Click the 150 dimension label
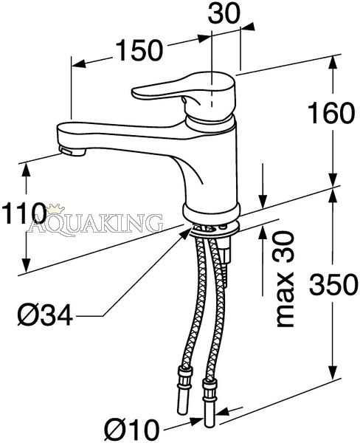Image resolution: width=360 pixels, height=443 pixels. click(x=139, y=50)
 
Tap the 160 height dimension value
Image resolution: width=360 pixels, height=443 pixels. click(x=330, y=113)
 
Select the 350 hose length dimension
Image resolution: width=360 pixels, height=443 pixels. click(x=333, y=284)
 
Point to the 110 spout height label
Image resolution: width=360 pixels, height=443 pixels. click(x=24, y=213)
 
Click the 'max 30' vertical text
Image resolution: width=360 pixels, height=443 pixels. click(x=285, y=279)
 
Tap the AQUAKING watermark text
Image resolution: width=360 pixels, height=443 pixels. click(x=95, y=223)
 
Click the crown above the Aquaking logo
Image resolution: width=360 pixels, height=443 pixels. click(x=55, y=208)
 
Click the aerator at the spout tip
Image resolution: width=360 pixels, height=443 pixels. click(x=72, y=151)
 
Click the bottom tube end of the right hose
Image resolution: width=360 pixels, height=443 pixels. click(x=210, y=407)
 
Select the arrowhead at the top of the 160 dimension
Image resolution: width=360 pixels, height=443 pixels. click(x=333, y=61)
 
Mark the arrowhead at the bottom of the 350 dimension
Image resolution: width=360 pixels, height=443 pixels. click(x=333, y=372)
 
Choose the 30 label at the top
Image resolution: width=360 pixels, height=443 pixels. click(x=224, y=13)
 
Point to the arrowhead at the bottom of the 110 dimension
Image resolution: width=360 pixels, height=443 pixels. click(x=27, y=265)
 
